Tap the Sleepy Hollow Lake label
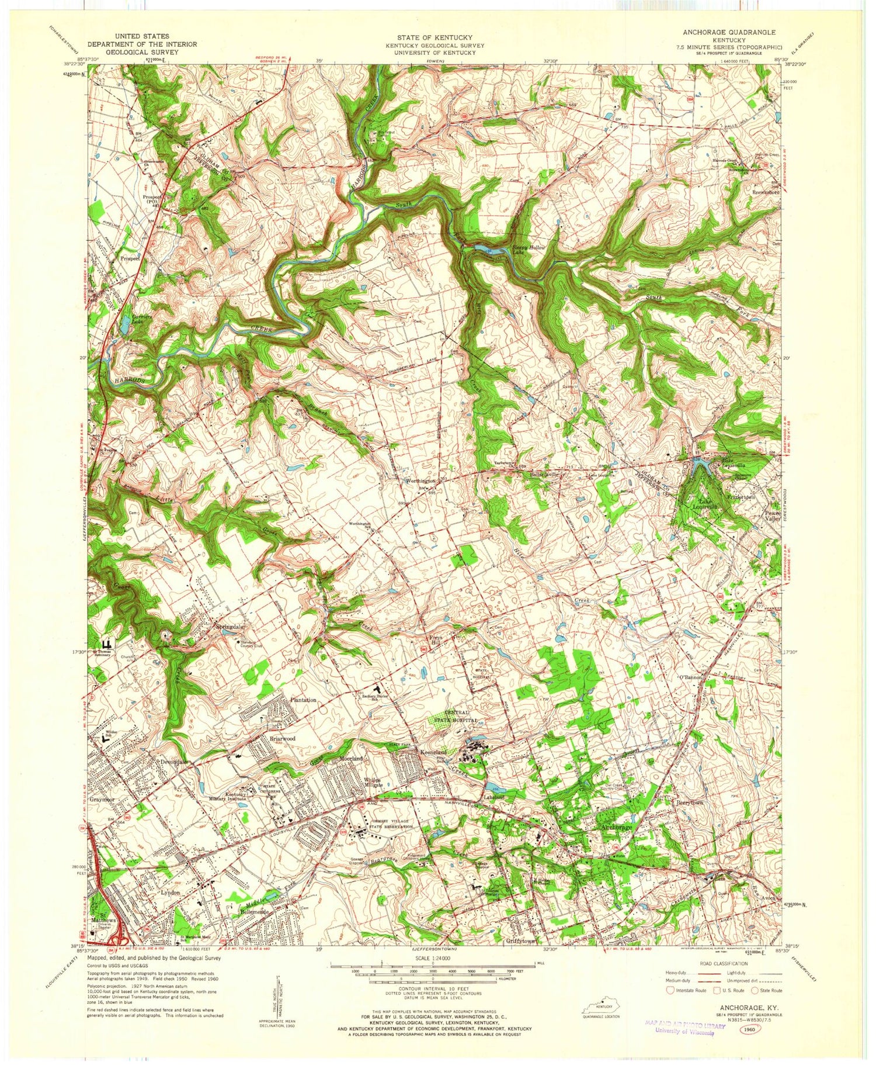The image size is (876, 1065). pyautogui.click(x=529, y=250)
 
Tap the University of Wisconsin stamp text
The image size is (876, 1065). pyautogui.click(x=684, y=1032)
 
